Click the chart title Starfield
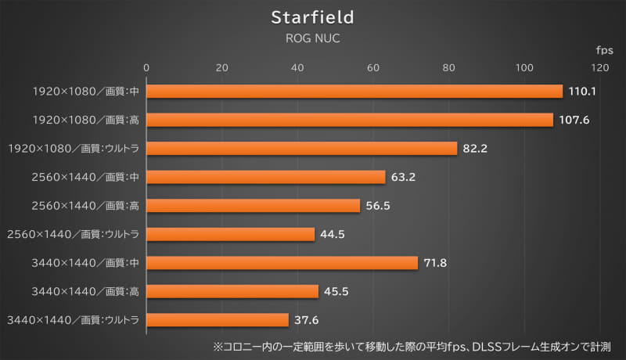(312, 16)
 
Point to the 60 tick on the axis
(373, 67)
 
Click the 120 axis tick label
(600, 67)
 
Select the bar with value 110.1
(354, 92)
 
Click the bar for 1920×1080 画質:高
(350, 120)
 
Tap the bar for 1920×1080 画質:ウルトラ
(302, 148)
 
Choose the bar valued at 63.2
(266, 177)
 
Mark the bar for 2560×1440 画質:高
(254, 205)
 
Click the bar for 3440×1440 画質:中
(282, 262)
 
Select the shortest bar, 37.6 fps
(218, 319)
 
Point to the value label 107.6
(573, 120)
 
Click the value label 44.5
(335, 234)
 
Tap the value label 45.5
(338, 291)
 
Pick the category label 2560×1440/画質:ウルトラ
(73, 234)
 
